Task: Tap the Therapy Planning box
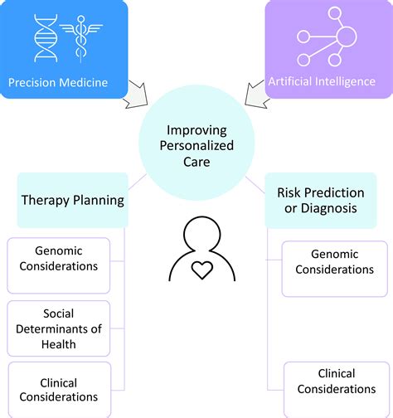pyautogui.click(x=73, y=199)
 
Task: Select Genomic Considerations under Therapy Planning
pyautogui.click(x=66, y=259)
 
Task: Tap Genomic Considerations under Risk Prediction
pyautogui.click(x=333, y=262)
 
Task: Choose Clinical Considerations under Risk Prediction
pyautogui.click(x=335, y=382)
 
